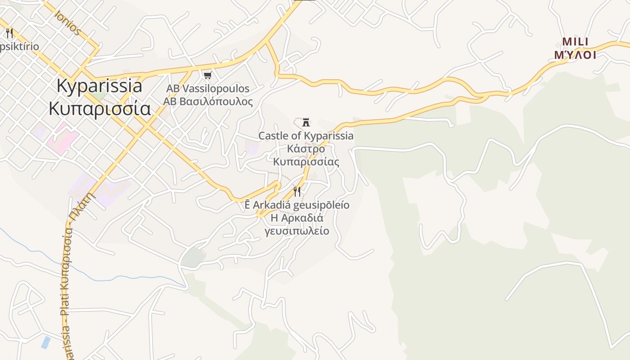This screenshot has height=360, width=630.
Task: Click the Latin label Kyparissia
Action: tap(99, 85)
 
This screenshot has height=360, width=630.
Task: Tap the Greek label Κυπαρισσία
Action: tap(99, 108)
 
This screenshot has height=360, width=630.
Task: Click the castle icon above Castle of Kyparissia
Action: tap(306, 122)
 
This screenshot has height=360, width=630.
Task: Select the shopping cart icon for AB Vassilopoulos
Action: tap(207, 75)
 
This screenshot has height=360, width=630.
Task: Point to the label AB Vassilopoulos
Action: tap(207, 89)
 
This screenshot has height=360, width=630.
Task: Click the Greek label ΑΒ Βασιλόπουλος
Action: tap(207, 101)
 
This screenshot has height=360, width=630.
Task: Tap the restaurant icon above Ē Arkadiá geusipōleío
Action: tap(297, 192)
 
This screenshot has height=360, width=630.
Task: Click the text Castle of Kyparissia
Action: tap(306, 136)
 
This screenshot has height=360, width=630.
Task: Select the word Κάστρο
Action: tap(306, 148)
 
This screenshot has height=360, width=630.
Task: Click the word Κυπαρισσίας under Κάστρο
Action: tap(306, 162)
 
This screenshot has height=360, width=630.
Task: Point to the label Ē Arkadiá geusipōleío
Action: tap(297, 205)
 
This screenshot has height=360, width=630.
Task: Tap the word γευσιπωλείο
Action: tap(297, 231)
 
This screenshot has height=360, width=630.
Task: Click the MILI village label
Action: tap(575, 42)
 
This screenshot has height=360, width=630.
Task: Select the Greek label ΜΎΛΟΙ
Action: tap(575, 55)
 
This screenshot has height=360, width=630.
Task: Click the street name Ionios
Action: tap(67, 22)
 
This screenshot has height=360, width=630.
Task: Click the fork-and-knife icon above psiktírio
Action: tap(9, 33)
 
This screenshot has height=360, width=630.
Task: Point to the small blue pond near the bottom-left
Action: tap(45, 342)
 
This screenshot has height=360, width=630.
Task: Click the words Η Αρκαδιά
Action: tap(297, 218)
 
